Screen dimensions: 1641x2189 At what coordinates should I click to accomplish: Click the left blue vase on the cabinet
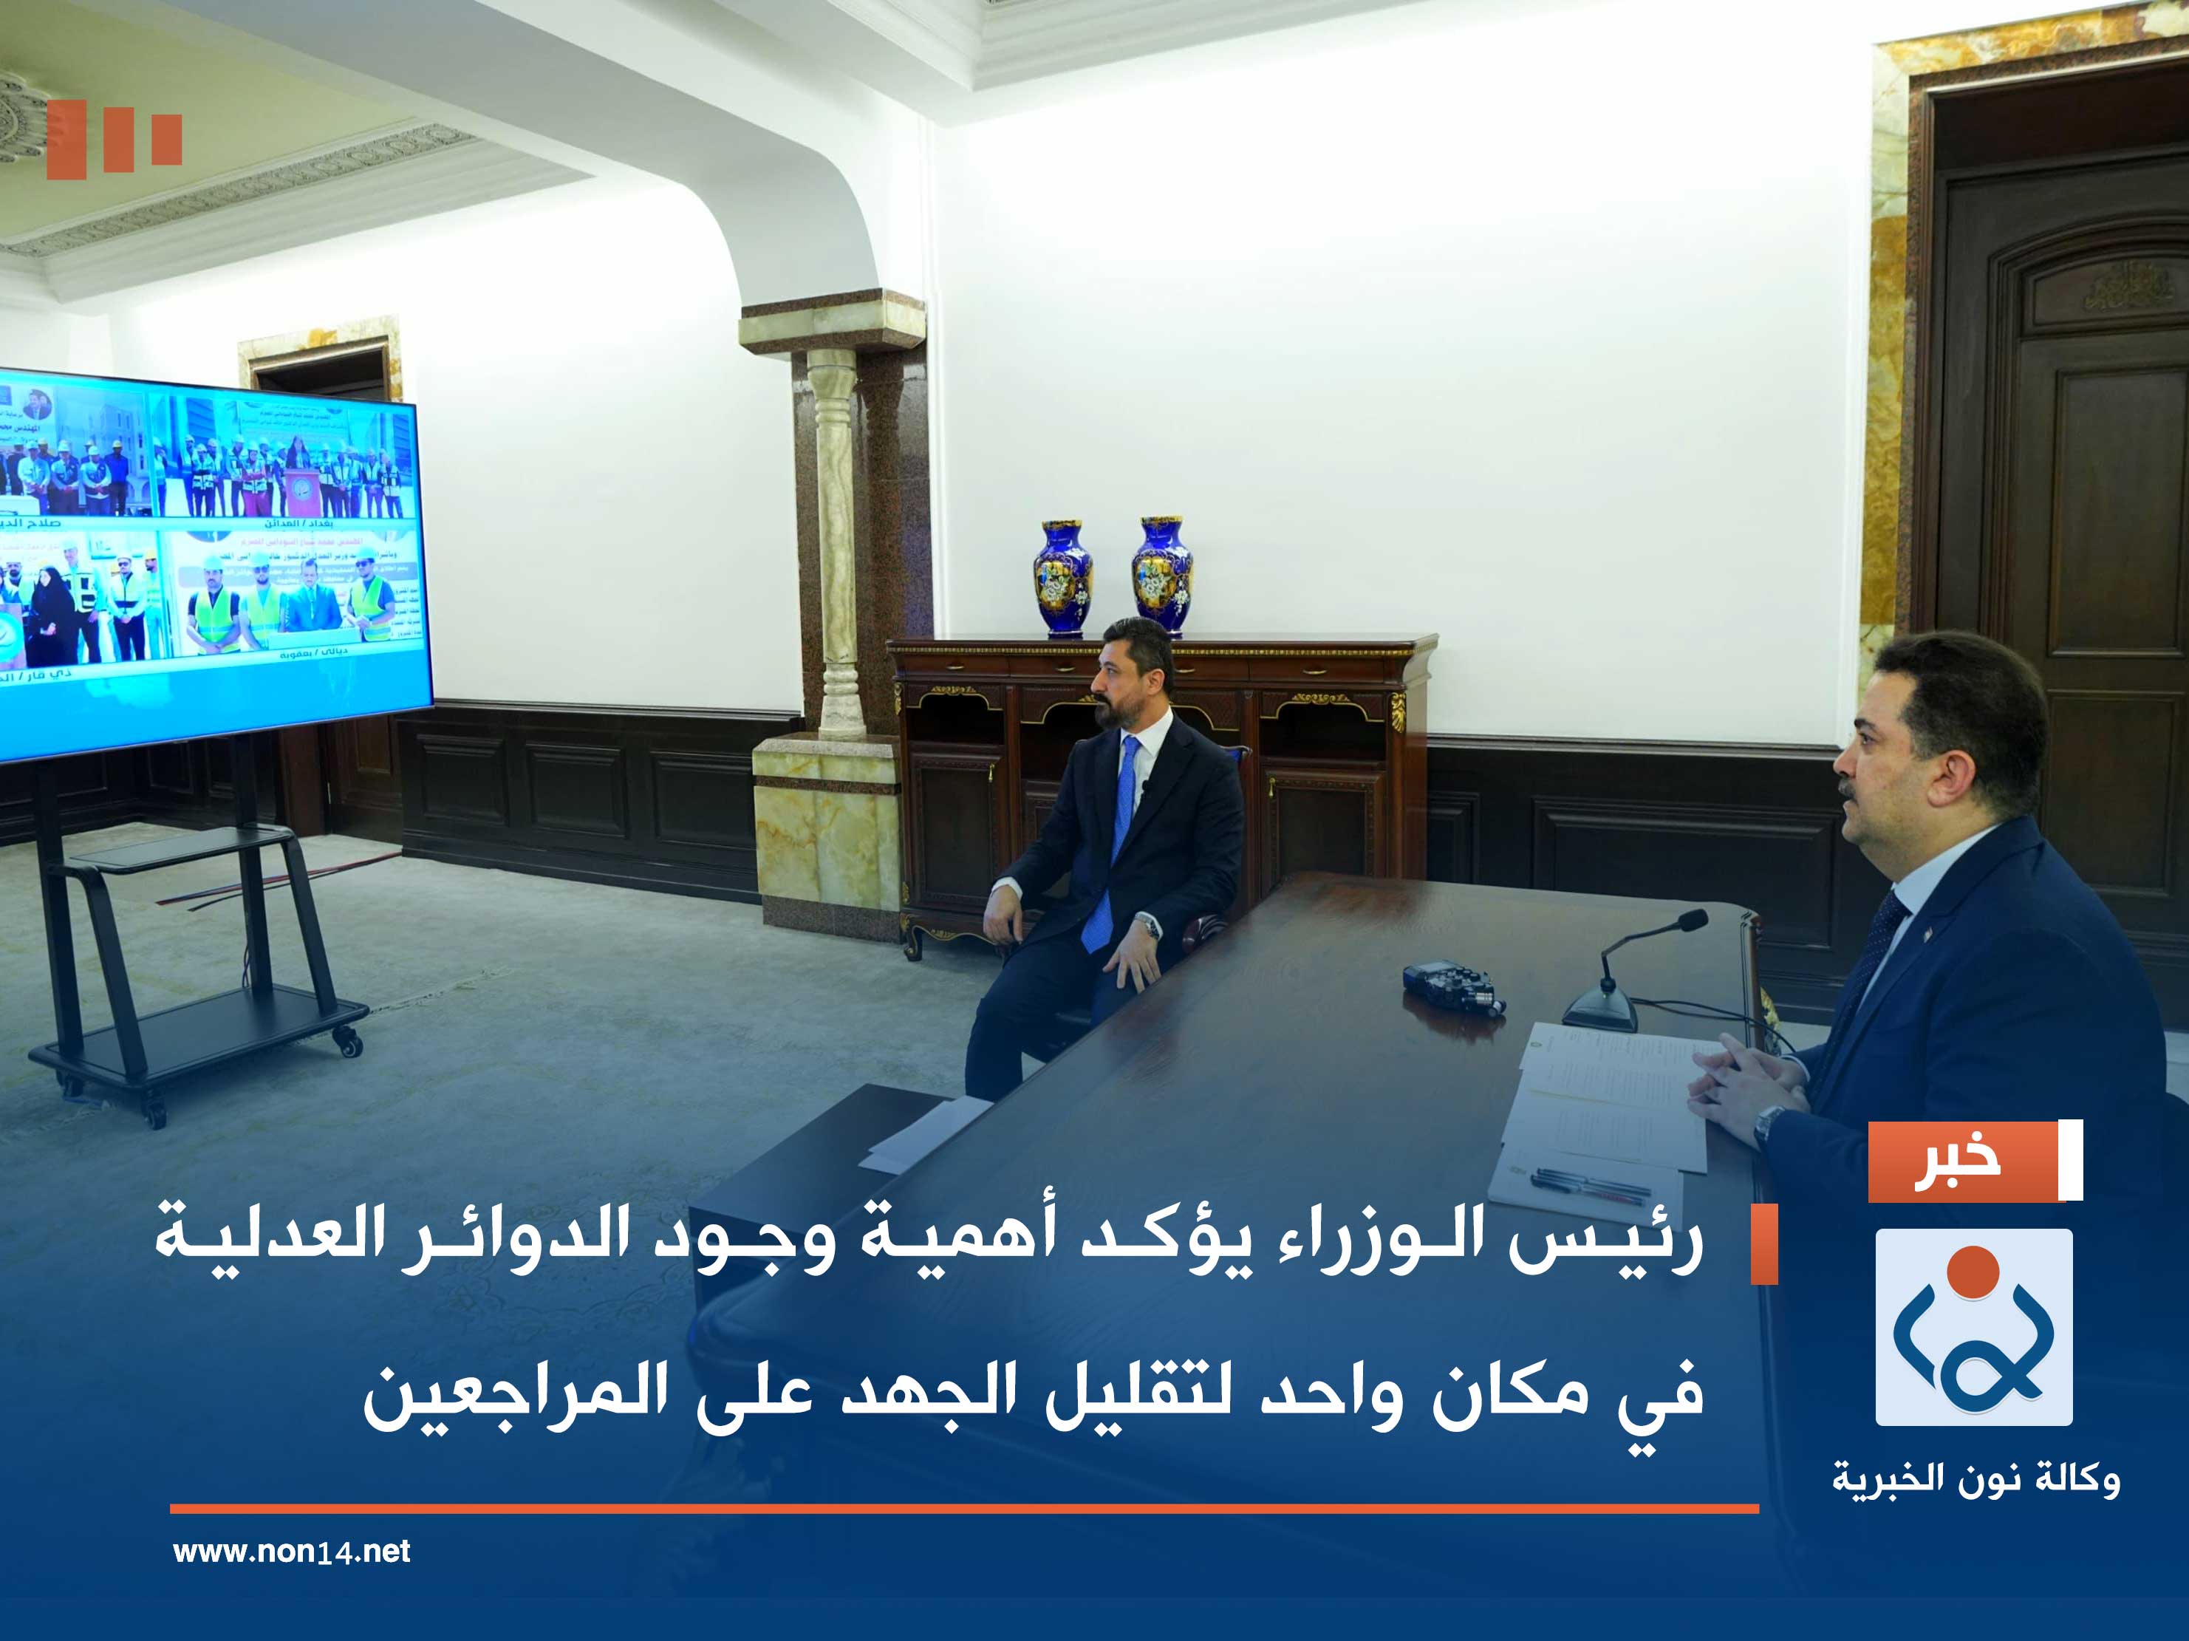tap(1063, 577)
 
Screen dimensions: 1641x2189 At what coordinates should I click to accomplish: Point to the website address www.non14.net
tap(291, 1551)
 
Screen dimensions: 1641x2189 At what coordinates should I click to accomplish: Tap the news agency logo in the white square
tap(1973, 1327)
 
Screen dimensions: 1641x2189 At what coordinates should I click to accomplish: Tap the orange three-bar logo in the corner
tap(114, 140)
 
